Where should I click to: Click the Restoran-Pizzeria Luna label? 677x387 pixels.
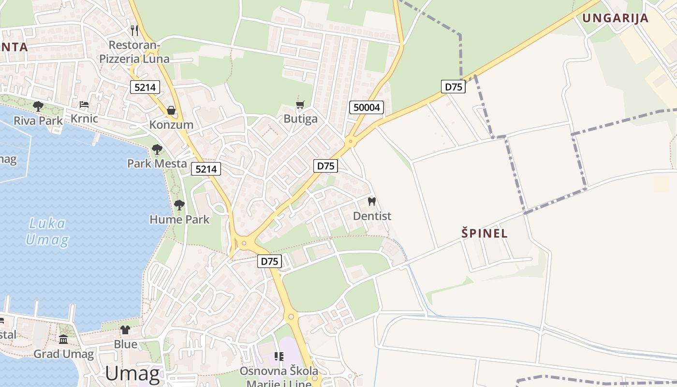pos(134,52)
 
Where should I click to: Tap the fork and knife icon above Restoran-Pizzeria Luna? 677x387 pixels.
pos(134,30)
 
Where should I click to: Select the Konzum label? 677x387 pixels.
pos(171,125)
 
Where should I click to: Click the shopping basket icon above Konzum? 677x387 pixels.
pos(171,110)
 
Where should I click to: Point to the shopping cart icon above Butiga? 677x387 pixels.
pos(300,104)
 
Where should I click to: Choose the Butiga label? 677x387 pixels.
pos(300,119)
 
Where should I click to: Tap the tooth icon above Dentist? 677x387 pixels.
pos(372,201)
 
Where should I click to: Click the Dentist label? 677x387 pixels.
pos(372,216)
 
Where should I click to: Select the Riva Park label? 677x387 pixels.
pos(38,120)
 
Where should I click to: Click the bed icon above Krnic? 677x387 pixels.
pos(84,104)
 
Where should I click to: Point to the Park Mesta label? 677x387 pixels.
pos(157,164)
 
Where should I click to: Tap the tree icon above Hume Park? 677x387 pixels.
pos(179,205)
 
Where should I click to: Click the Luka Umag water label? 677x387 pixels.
pos(47,231)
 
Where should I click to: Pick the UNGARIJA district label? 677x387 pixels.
pos(615,18)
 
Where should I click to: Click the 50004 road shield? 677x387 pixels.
pos(367,107)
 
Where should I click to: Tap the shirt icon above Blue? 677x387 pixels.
pos(125,330)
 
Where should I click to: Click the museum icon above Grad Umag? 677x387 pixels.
pos(63,339)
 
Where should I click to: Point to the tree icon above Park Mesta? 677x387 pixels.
pos(157,149)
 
